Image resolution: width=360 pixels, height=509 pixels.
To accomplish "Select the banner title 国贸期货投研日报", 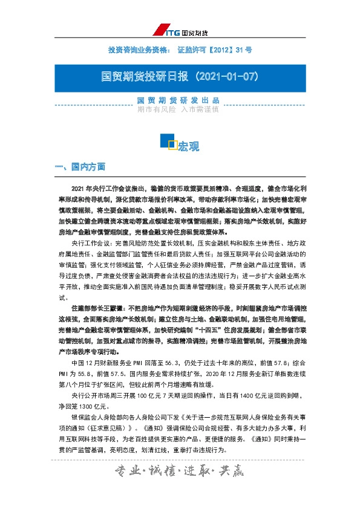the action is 143,77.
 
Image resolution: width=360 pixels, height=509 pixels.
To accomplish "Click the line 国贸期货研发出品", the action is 178,100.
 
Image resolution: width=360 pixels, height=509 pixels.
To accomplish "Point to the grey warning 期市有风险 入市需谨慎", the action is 178,109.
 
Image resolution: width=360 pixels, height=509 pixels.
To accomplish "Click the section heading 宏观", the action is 188,146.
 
